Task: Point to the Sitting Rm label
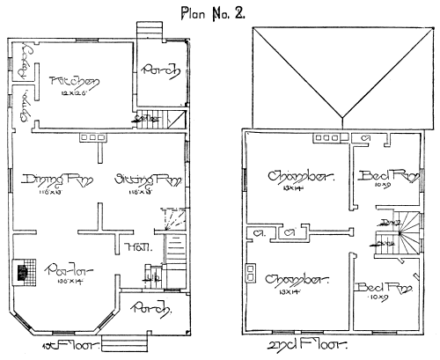pyautogui.click(x=136, y=180)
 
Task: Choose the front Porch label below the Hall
pyautogui.click(x=145, y=307)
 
